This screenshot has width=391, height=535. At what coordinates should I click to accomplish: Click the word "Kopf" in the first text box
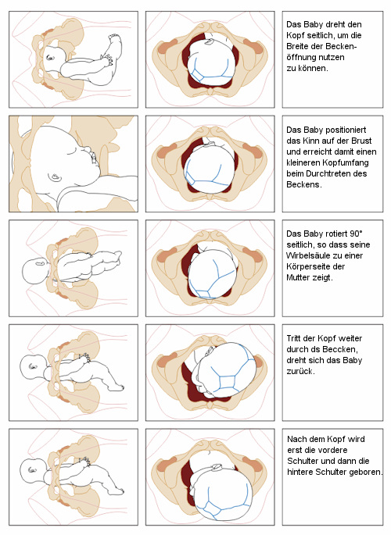(x=293, y=35)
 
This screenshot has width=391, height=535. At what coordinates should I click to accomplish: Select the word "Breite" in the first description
(x=296, y=46)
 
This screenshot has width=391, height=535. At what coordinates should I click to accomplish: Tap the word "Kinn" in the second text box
(x=310, y=141)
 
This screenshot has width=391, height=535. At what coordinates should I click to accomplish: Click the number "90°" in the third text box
(x=356, y=234)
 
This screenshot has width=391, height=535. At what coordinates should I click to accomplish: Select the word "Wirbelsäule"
(x=306, y=255)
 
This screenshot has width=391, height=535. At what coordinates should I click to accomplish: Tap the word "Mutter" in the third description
(x=296, y=277)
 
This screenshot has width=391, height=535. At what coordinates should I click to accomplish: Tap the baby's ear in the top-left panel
(x=50, y=58)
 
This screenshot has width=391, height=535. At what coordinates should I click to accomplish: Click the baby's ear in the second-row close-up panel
(x=54, y=177)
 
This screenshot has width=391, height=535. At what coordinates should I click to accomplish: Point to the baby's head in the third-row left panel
(x=35, y=271)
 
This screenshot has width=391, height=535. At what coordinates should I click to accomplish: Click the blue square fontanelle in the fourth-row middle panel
(x=228, y=382)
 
